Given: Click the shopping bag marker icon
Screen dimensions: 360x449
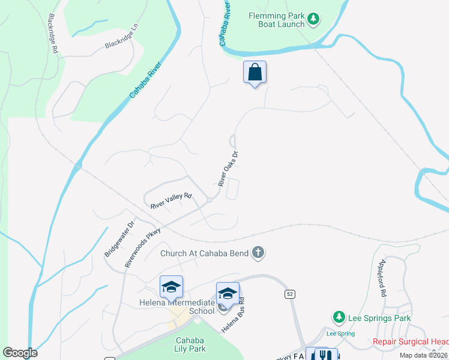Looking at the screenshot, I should point(255,73).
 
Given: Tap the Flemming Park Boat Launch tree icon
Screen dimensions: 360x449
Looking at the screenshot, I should point(313,20).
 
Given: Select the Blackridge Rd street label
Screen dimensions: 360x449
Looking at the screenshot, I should point(52,34).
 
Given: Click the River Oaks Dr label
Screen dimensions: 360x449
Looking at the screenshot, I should point(229,169).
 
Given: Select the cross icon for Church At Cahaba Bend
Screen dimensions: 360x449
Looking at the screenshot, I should point(258,253).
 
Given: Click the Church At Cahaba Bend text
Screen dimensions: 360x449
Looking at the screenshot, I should point(204,253).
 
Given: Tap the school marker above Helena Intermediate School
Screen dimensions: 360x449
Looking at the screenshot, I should point(171,287).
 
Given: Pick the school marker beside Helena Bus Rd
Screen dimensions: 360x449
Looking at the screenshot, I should point(228,293).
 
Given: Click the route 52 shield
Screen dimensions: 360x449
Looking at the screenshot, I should point(289,293).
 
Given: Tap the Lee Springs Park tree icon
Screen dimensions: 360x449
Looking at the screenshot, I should point(339,317).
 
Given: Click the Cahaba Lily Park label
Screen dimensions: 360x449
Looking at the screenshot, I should point(191,344).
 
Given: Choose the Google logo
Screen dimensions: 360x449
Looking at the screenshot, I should point(20,353).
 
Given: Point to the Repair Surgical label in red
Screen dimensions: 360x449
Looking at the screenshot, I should point(411,342).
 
